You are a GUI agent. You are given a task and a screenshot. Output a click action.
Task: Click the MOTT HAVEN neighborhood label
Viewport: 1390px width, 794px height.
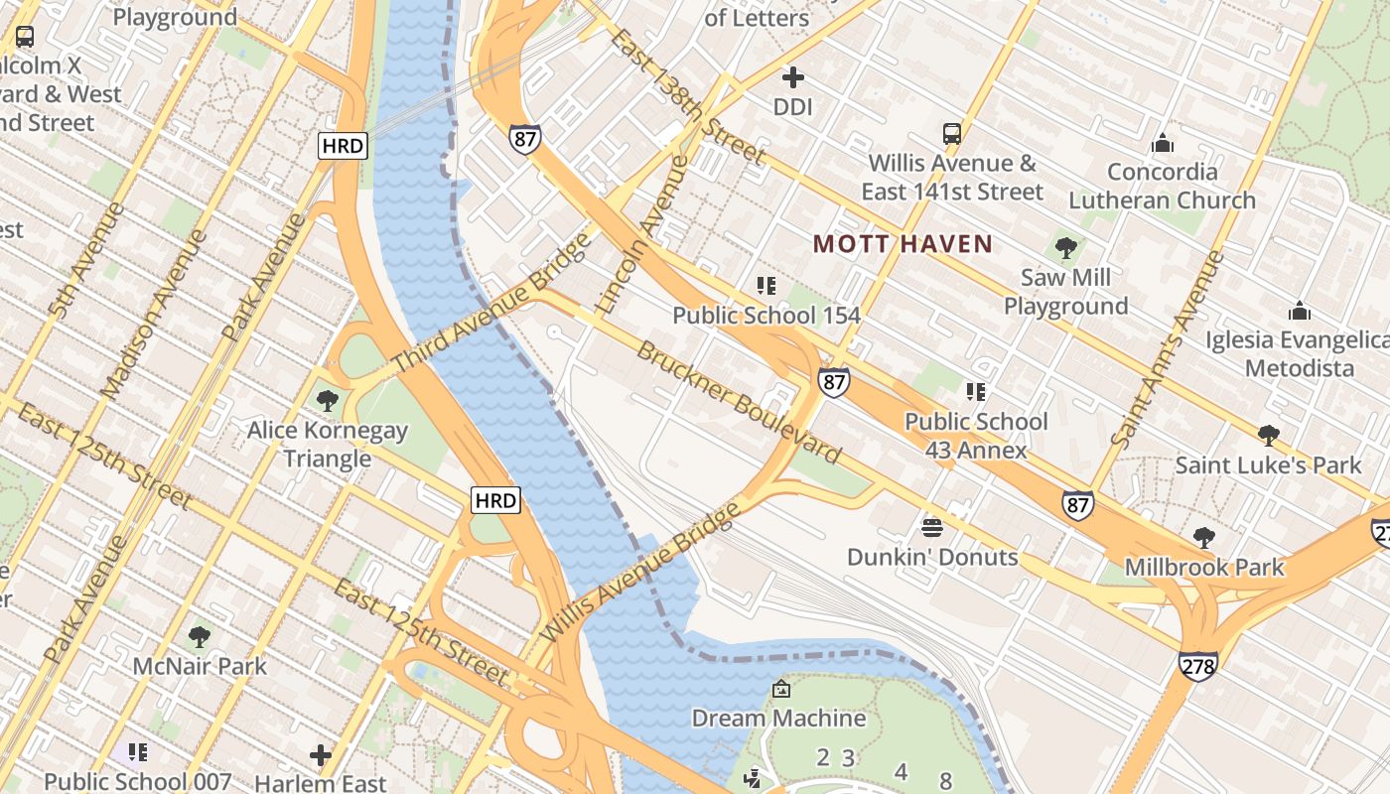903,243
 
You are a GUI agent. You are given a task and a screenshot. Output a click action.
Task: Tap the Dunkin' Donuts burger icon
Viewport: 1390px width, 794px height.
931,527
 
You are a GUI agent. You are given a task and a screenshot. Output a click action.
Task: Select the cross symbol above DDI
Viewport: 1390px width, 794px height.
792,76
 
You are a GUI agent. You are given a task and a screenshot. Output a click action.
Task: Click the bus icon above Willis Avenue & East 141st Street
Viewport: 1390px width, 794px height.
951,134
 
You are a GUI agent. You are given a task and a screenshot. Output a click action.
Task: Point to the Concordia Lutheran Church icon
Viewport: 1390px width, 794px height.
1162,144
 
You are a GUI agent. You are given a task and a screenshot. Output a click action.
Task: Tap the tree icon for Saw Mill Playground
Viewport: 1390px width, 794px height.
1066,248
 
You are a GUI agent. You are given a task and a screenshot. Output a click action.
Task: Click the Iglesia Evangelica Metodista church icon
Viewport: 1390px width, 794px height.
1299,312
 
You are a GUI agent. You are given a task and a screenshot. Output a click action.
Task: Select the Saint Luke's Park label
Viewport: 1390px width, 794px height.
1268,464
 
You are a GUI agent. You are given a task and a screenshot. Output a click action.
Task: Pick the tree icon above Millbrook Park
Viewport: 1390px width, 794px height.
1203,538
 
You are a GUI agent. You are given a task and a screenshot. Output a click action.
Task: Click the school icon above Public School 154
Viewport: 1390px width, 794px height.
765,286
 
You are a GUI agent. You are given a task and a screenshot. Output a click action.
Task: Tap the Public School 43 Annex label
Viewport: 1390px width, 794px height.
976,436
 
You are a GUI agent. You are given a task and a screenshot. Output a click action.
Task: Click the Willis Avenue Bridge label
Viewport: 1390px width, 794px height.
640,573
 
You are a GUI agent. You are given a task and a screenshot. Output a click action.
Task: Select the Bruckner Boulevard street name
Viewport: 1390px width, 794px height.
739,402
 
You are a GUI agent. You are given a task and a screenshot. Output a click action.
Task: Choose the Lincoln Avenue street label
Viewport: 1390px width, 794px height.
640,234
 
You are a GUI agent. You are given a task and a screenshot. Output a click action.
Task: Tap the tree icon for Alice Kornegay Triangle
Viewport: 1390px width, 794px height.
327,401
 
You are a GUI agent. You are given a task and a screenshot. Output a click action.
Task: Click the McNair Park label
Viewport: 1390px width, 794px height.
200,665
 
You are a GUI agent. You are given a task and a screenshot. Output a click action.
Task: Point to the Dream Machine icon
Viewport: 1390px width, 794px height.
780,688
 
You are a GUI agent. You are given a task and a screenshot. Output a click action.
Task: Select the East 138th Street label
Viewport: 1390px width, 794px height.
687,96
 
